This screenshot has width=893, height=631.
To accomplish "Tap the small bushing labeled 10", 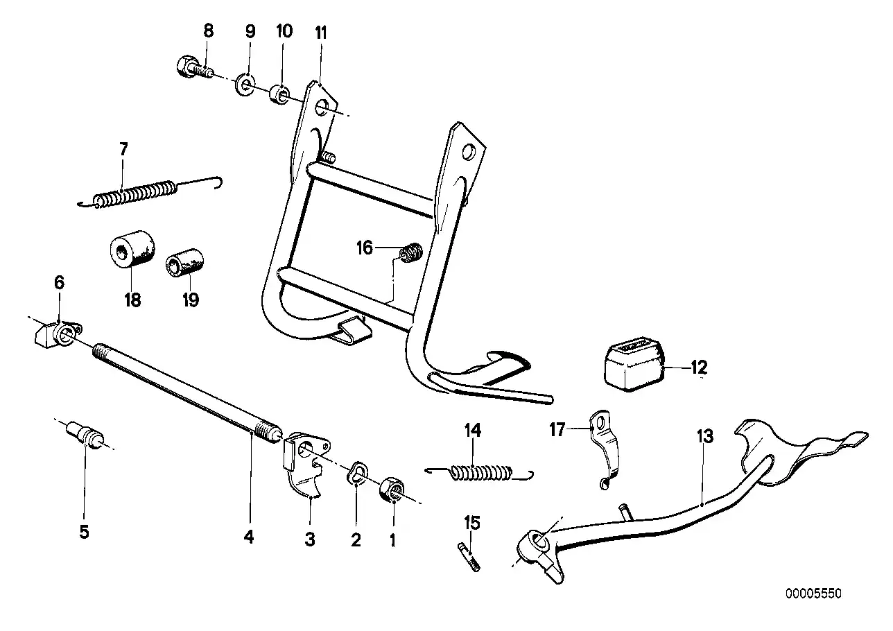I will coord(279,93).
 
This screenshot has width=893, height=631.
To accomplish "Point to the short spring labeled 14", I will coord(480,473).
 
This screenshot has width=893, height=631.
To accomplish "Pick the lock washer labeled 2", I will coord(356,474).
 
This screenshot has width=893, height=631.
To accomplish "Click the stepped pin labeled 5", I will coord(87,435).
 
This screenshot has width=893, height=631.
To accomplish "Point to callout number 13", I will coord(705,437).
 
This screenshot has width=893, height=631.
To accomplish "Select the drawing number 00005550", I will coord(813,594).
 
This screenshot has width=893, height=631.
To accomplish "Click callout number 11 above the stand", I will coord(320,33).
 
